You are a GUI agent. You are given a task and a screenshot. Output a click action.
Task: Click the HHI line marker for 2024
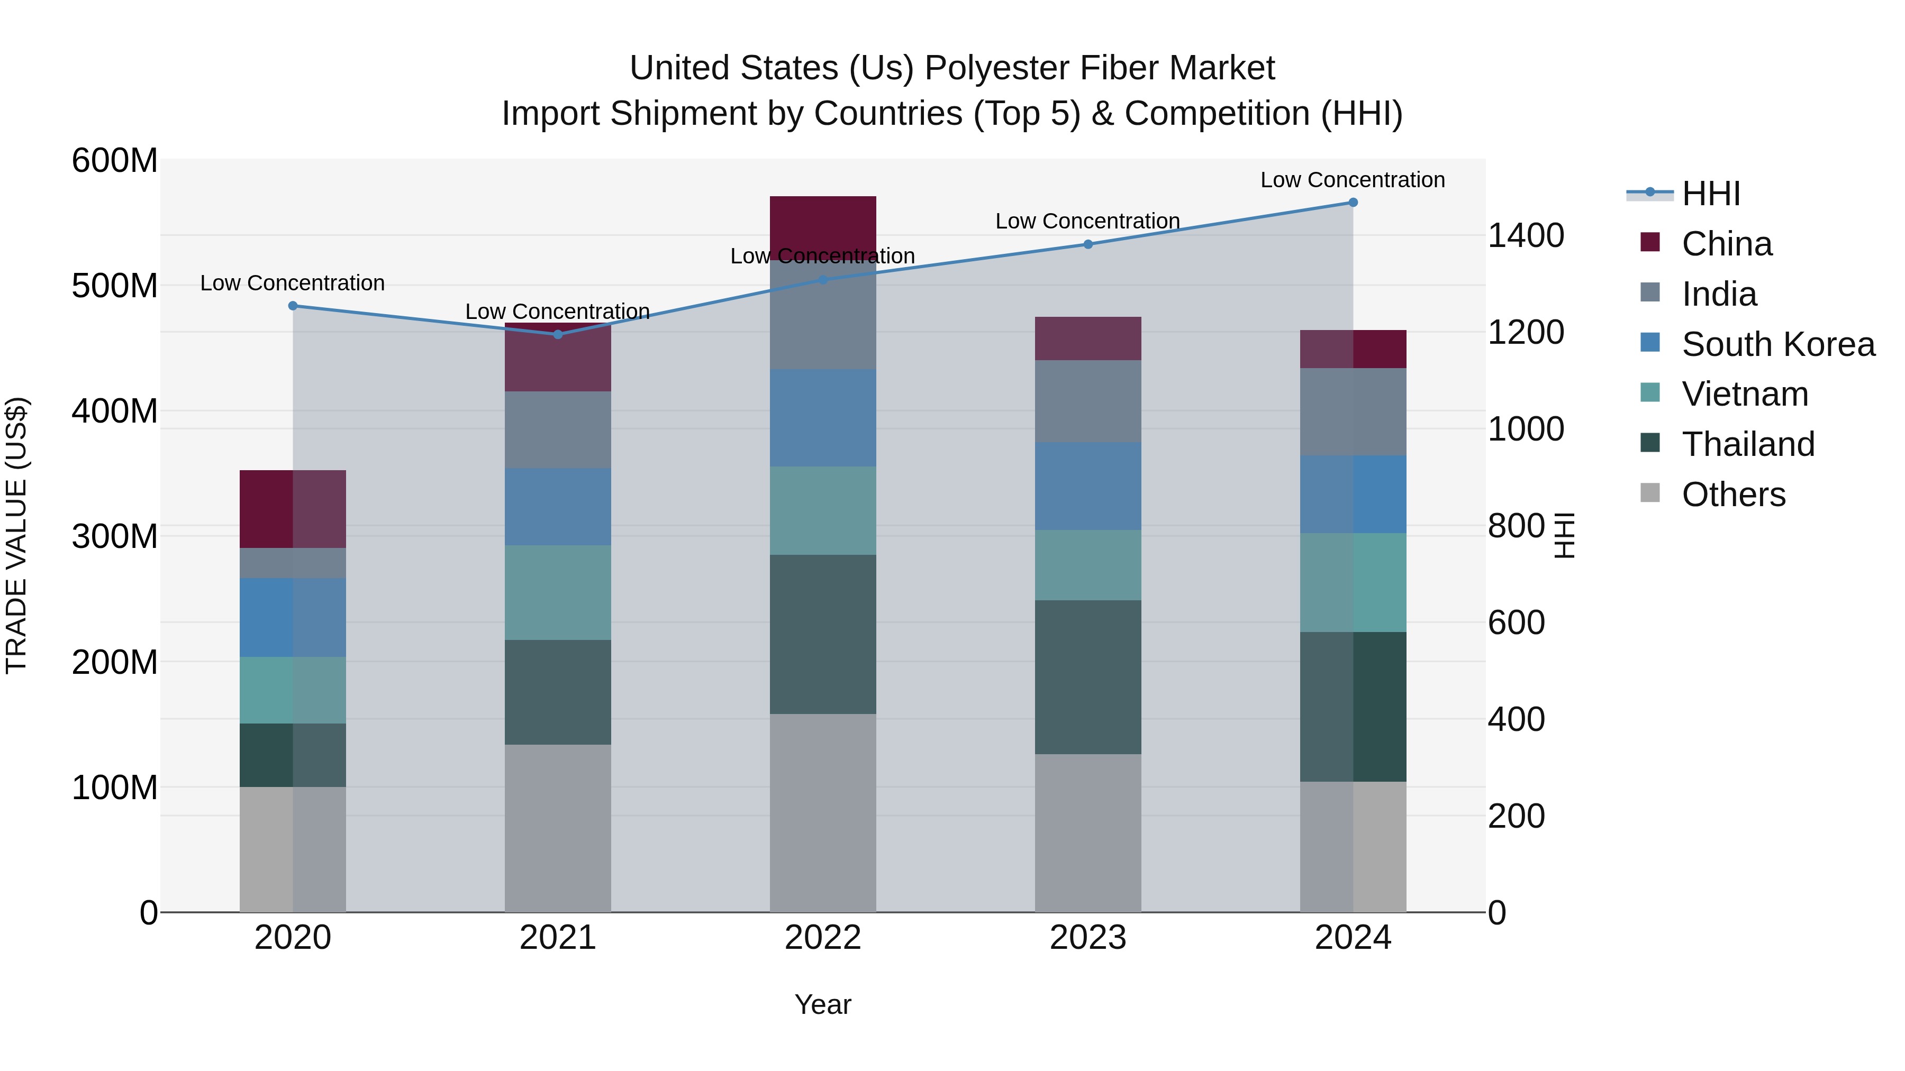[1353, 203]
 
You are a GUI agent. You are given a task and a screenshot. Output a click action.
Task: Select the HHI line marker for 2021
[558, 335]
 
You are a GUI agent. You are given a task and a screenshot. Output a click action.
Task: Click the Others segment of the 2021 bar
[558, 828]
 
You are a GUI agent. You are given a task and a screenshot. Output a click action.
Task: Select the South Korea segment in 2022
[822, 418]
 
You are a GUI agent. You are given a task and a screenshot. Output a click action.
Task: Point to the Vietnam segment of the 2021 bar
[558, 593]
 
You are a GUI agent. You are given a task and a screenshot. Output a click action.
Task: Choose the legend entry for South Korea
[1778, 344]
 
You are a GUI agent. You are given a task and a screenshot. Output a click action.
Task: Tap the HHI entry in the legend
[1710, 194]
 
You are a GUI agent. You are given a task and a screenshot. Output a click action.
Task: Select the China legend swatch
[1650, 242]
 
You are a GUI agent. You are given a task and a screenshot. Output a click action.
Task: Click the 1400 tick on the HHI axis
[1525, 236]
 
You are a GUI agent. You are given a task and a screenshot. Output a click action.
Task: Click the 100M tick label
[115, 788]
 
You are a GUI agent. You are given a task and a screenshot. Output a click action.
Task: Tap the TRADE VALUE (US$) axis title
[16, 535]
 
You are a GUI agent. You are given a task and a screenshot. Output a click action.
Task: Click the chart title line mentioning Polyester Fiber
[952, 68]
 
